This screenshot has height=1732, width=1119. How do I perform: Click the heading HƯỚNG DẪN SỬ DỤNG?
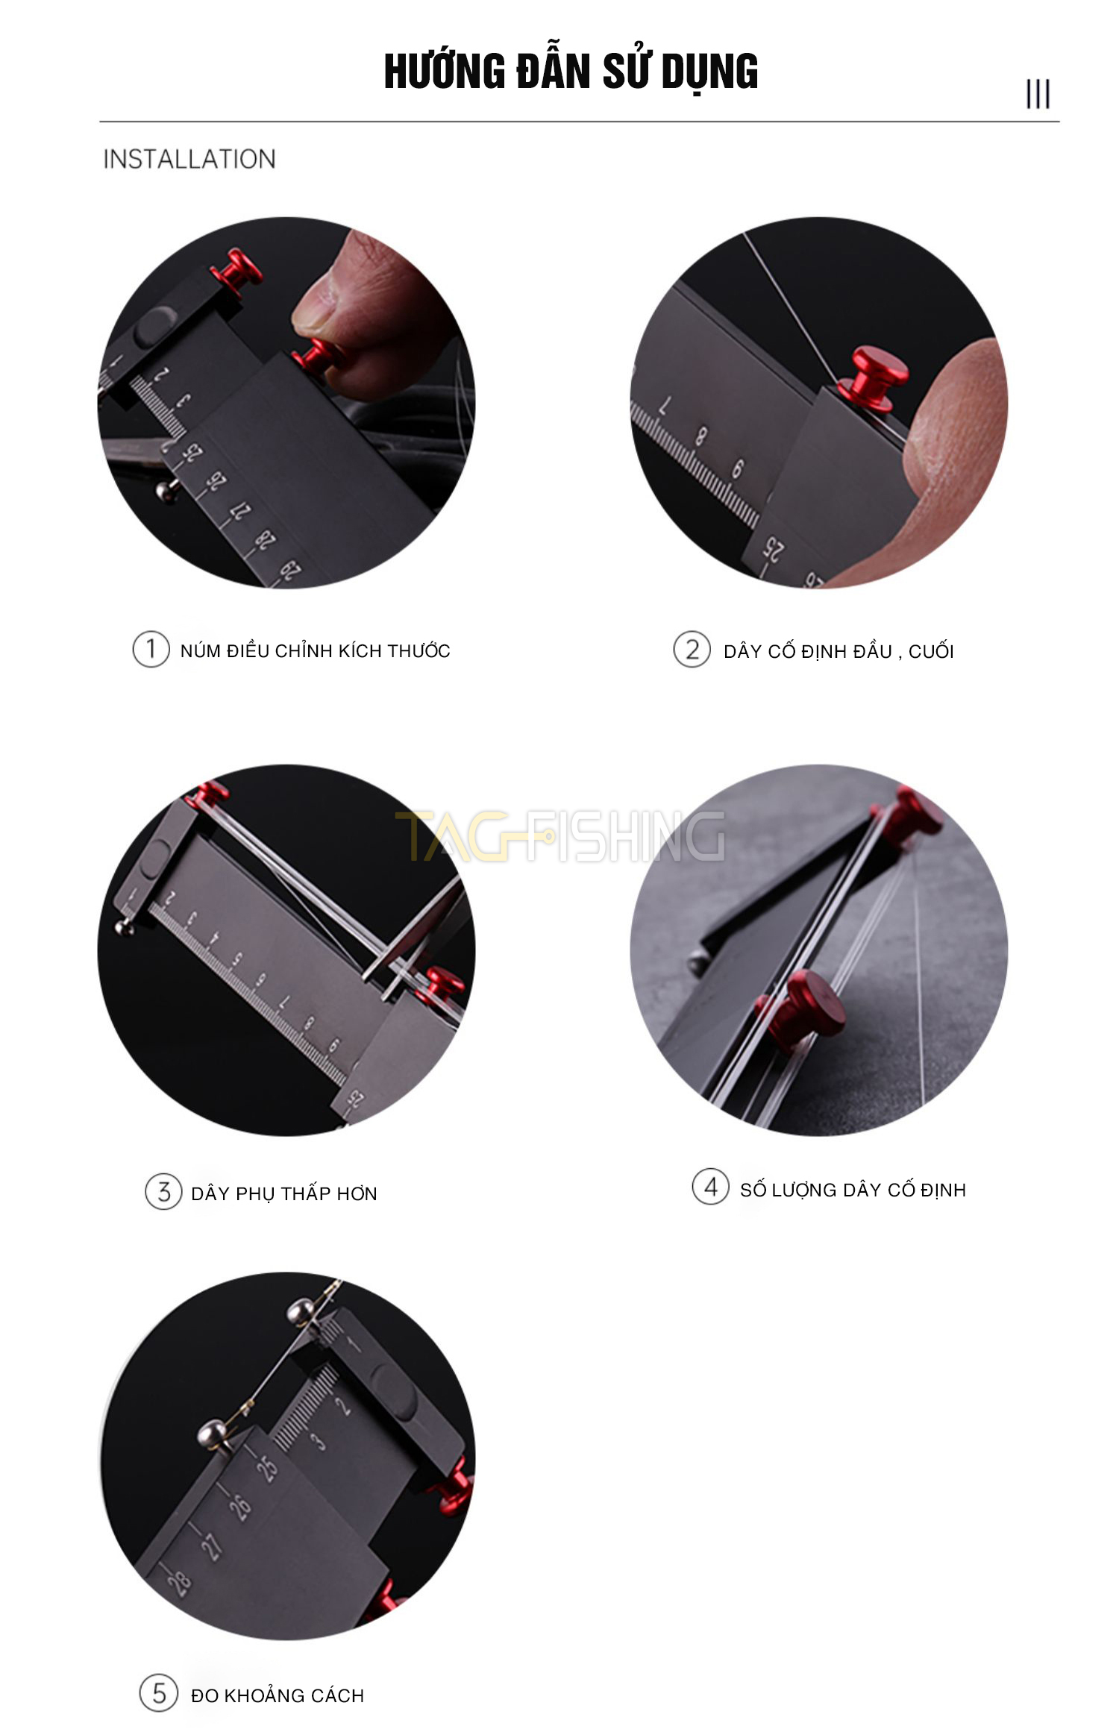(x=571, y=72)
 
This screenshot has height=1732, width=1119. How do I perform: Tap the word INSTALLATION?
(x=189, y=159)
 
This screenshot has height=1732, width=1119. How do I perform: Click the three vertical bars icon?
(x=1038, y=94)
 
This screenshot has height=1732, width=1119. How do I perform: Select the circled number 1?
(x=151, y=649)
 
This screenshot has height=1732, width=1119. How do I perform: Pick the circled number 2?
(x=692, y=649)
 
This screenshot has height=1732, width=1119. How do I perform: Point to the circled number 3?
(x=163, y=1191)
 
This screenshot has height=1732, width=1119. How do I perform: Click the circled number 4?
(x=710, y=1187)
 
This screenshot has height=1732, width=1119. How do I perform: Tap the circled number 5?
(x=158, y=1692)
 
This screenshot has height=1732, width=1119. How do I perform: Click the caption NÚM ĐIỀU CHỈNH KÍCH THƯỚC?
(x=316, y=650)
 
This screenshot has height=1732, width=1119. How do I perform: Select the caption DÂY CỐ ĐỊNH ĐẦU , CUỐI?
(x=839, y=651)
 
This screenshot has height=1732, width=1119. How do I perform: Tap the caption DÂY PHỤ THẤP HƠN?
(x=284, y=1193)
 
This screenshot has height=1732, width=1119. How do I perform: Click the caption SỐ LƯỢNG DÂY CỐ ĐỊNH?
(x=853, y=1190)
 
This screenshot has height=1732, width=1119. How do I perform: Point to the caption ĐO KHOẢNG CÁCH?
(x=278, y=1695)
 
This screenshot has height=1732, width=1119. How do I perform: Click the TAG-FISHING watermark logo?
(x=559, y=836)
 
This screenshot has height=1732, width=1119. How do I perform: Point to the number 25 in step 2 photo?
(x=774, y=550)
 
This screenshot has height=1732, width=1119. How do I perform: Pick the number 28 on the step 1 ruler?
(x=265, y=540)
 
